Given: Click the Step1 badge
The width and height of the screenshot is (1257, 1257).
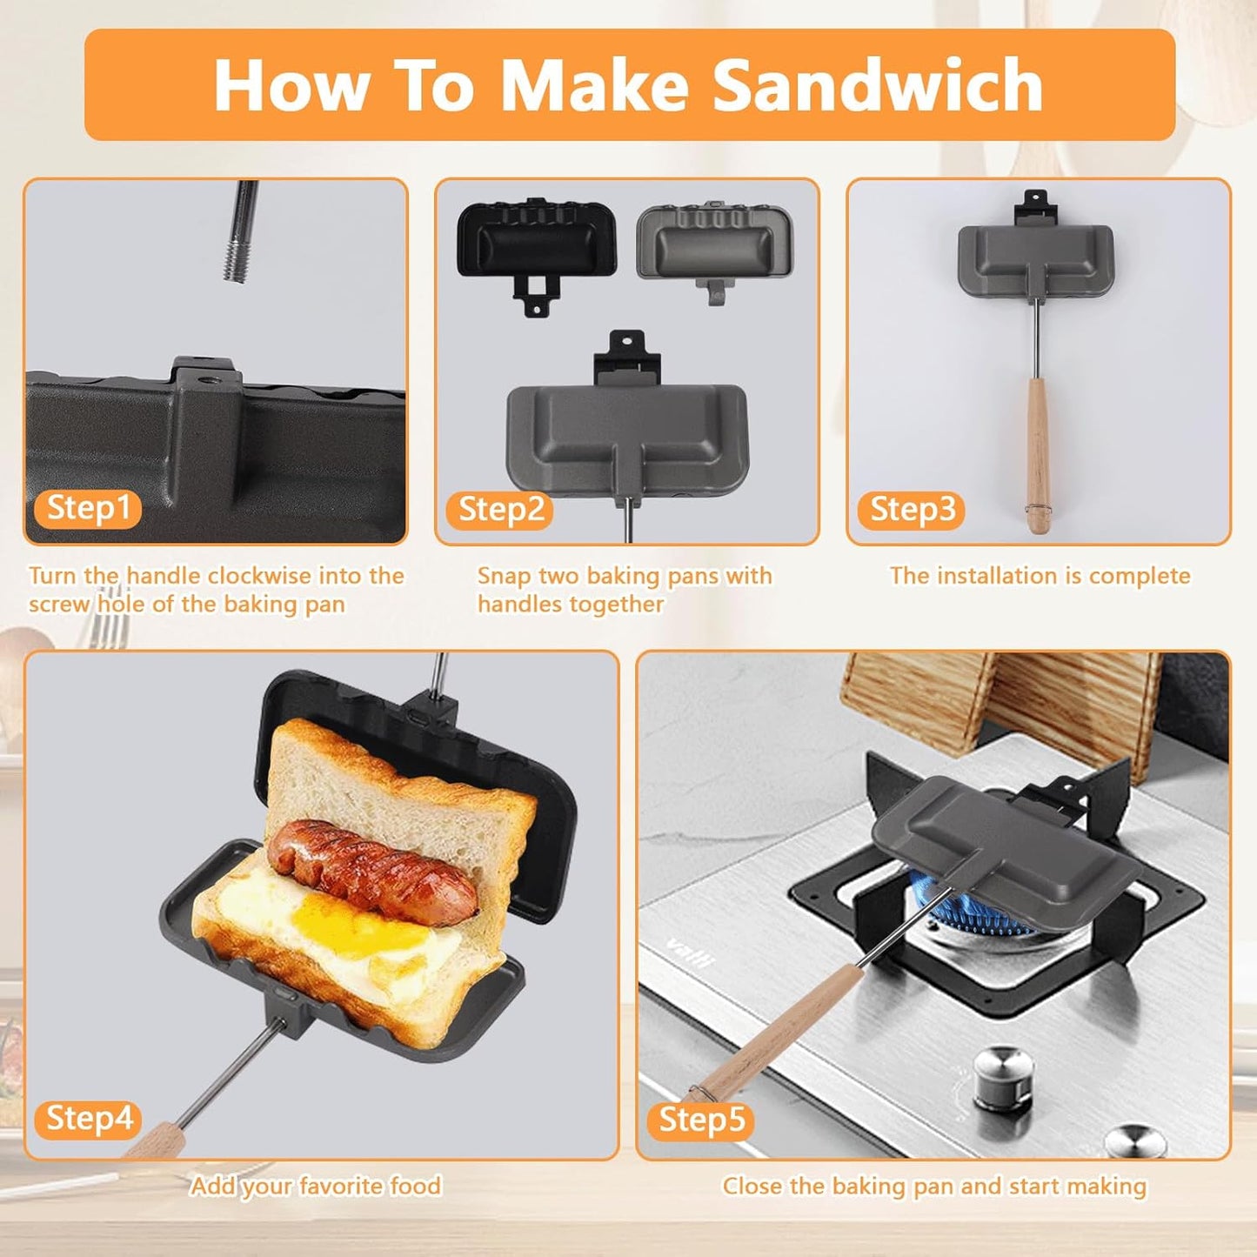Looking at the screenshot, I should pos(87,508).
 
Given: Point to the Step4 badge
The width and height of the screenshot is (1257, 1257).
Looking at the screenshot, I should pos(88,1119).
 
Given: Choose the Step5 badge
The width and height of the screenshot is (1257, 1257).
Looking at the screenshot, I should pos(701,1120).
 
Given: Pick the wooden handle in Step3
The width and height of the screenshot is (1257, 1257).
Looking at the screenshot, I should pos(1037,452).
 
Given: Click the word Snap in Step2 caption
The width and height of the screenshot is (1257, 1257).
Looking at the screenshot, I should pos(502,576).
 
